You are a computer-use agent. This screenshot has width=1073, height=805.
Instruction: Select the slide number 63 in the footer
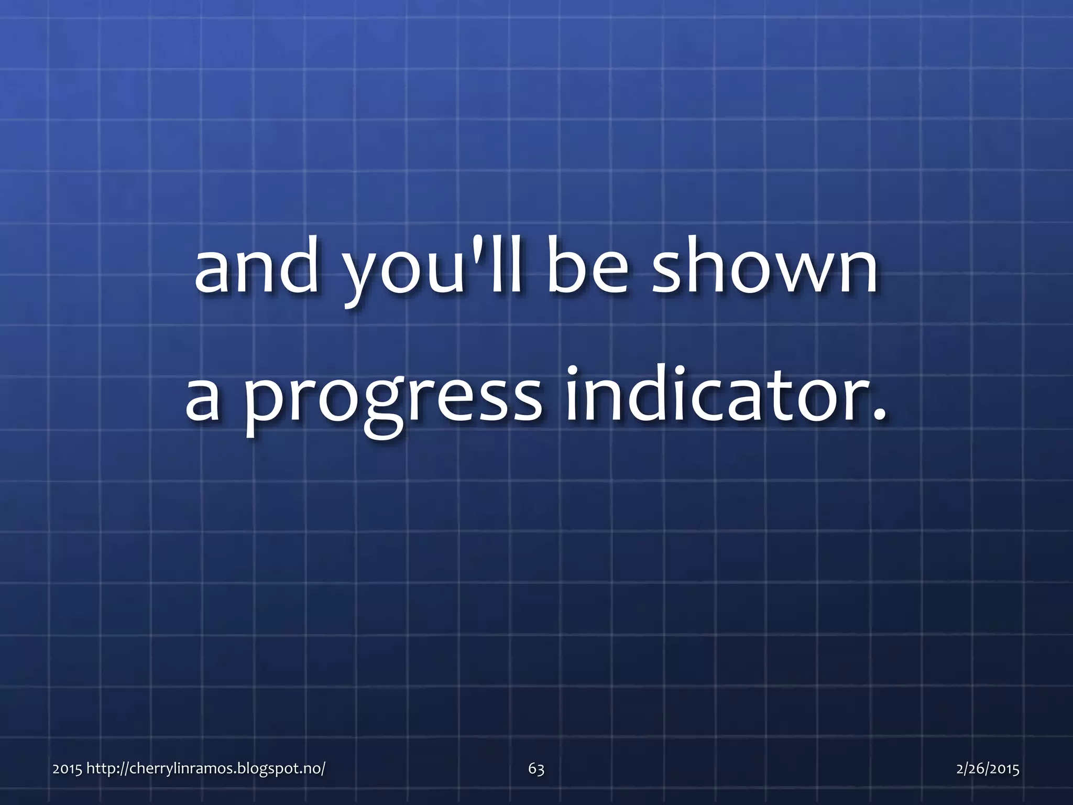tap(536, 769)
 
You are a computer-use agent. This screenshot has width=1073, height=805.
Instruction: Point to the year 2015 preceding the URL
tap(67, 769)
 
